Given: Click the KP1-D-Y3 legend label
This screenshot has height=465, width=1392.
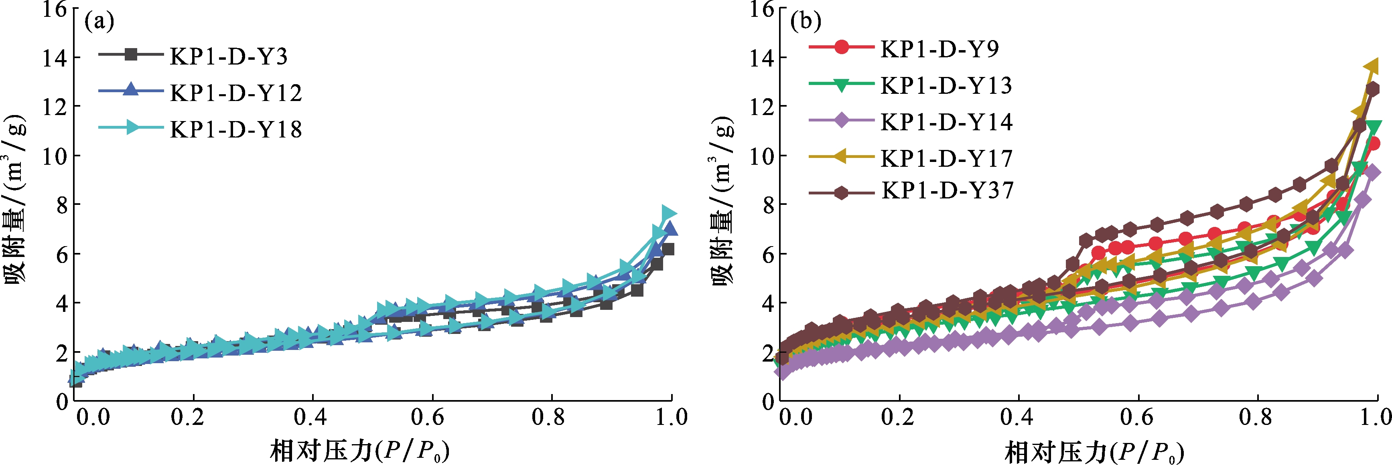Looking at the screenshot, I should [x=229, y=56].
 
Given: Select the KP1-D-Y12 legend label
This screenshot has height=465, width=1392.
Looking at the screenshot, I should [x=235, y=93].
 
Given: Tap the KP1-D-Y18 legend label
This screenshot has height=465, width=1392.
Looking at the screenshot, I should [x=235, y=129].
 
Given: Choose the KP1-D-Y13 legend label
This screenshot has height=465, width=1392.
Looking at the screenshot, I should [x=946, y=86].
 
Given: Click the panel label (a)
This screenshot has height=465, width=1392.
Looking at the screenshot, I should [x=99, y=22].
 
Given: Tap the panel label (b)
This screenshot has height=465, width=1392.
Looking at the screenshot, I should [x=806, y=22].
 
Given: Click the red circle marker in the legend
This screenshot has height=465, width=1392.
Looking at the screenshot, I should [x=841, y=47].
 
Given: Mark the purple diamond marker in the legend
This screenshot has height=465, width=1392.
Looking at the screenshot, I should [x=841, y=120].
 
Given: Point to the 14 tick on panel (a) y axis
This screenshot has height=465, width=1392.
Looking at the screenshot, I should [x=55, y=58].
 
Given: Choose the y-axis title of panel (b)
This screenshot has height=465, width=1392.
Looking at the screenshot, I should [x=722, y=200].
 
